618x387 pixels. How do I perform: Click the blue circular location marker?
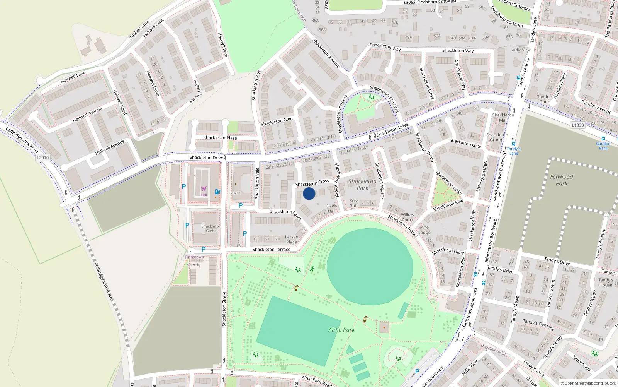[x=309, y=193]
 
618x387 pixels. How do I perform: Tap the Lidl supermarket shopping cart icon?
[x=204, y=189]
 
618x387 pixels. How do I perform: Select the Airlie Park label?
[x=341, y=330]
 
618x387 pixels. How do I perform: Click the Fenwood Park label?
[x=562, y=180]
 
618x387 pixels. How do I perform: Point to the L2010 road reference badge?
[x=43, y=158]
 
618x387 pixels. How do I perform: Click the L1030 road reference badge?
[x=578, y=125]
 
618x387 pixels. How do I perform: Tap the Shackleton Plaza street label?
[x=220, y=138]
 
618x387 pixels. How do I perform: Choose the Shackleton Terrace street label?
[x=271, y=250]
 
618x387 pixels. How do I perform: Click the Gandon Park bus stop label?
[x=603, y=146]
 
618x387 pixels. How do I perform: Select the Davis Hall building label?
[x=332, y=209]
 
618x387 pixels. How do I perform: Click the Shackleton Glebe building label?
[x=211, y=228]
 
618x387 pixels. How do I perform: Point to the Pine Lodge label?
[x=424, y=230]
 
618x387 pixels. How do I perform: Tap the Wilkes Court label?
[x=407, y=217]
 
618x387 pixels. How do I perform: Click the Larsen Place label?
[x=292, y=240]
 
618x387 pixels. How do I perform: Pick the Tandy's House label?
[x=605, y=283]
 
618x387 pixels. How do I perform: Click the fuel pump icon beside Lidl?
[x=217, y=192]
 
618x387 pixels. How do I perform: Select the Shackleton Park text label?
[x=362, y=184]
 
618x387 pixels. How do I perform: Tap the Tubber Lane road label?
[x=139, y=30]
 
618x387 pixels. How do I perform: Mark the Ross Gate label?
[x=354, y=203]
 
